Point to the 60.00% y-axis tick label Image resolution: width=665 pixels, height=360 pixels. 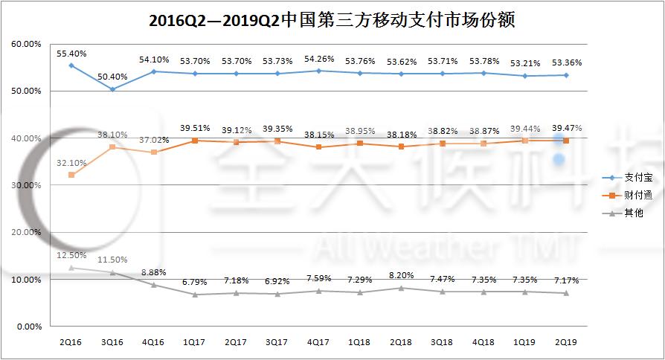point(27,44)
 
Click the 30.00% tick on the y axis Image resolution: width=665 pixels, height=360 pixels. point(27,185)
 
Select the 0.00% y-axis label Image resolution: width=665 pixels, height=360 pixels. point(29,327)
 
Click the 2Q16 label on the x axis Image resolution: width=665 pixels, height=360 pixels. point(71,342)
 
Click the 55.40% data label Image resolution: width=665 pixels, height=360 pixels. point(71,54)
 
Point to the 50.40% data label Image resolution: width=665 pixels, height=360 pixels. point(112,77)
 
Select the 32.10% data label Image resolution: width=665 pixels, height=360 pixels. point(71,163)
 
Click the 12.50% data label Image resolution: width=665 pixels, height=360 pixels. point(71,256)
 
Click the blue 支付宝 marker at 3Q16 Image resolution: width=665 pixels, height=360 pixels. point(112,89)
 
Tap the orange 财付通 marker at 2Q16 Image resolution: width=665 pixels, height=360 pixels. point(71,175)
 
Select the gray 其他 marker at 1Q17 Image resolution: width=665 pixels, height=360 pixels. point(195,295)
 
